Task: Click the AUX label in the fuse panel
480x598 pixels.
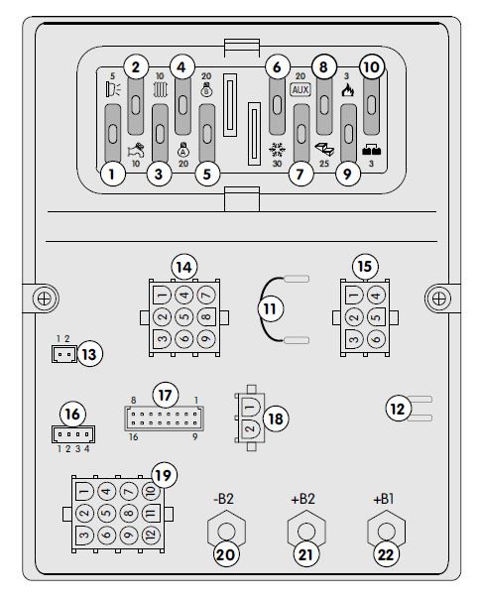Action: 300,90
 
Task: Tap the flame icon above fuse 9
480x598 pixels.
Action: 347,90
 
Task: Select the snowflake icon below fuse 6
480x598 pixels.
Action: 277,150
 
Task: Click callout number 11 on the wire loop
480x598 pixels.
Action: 271,308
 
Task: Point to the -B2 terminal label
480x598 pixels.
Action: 224,499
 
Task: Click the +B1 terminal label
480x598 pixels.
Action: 384,499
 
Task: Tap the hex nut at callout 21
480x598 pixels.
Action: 306,531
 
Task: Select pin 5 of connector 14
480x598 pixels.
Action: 184,317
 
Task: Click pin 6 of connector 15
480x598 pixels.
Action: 376,338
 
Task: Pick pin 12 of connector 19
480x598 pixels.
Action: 152,536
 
